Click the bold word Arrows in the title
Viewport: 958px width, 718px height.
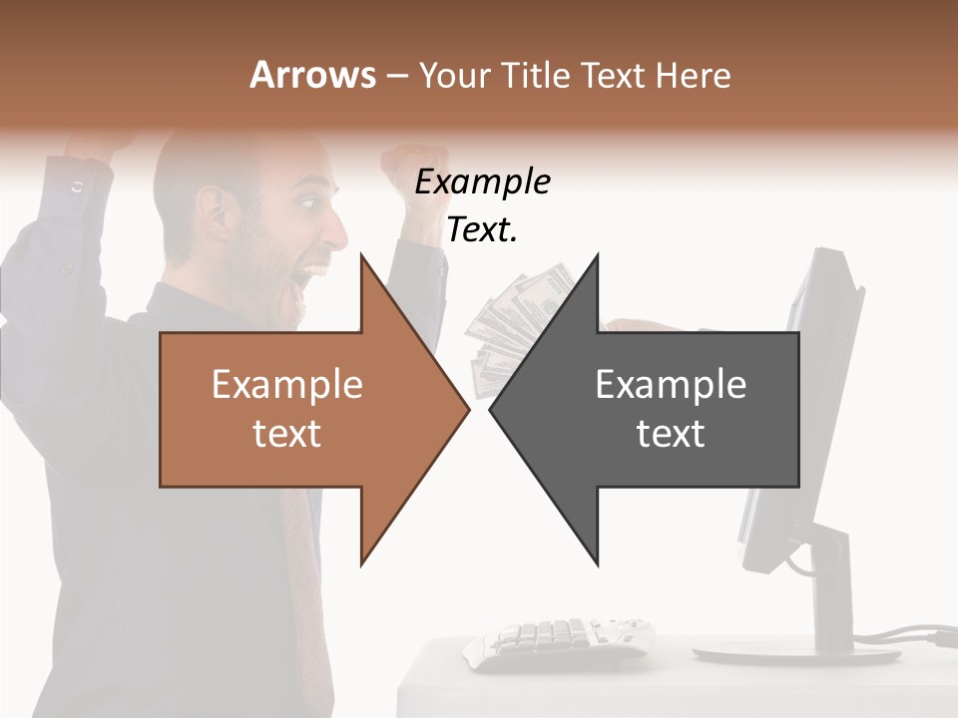[312, 75]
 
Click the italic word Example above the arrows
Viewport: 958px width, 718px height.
[482, 183]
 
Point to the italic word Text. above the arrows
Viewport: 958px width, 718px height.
[482, 231]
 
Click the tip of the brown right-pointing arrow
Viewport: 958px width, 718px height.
[468, 408]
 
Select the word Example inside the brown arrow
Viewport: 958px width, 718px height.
[287, 385]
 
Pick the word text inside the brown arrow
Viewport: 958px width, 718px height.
[287, 434]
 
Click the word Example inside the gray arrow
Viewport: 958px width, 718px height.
[671, 385]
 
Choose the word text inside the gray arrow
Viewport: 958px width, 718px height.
[671, 434]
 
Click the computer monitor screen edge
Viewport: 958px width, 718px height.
[798, 399]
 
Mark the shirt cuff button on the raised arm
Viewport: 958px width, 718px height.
[78, 186]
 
